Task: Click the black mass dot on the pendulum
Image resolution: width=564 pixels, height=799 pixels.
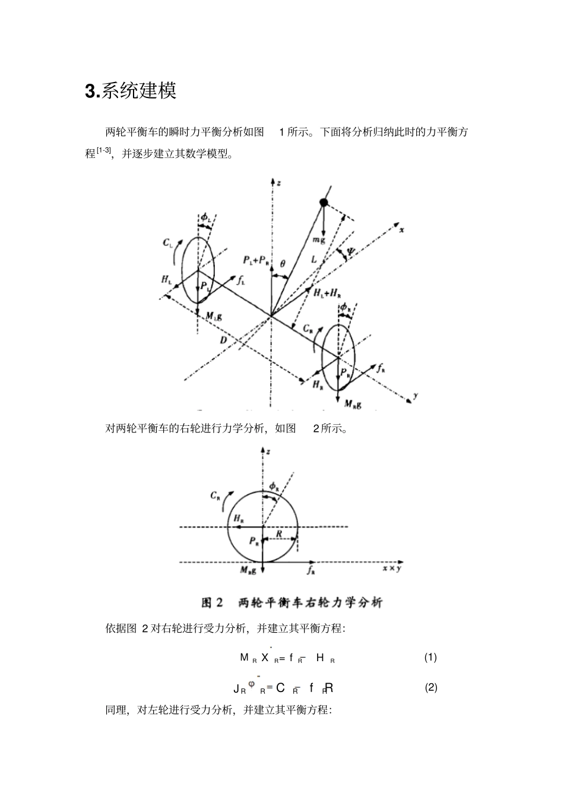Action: (x=324, y=203)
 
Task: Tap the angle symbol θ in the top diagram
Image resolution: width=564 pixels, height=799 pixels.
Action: (x=283, y=263)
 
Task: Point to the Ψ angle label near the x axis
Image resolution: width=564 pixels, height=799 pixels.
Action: (x=351, y=252)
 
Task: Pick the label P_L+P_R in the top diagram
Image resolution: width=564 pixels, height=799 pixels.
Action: (x=255, y=260)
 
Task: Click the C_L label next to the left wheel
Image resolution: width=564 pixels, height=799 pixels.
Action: (x=168, y=242)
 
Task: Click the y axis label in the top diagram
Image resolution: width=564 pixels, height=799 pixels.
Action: (x=416, y=396)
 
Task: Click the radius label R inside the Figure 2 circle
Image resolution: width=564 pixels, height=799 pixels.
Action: (x=279, y=534)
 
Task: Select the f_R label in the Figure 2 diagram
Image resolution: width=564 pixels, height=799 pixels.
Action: (x=310, y=571)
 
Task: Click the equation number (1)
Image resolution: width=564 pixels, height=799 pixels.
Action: (x=430, y=657)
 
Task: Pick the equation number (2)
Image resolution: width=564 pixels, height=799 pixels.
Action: (x=431, y=687)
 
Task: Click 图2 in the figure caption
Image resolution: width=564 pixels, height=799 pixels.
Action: (x=212, y=603)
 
